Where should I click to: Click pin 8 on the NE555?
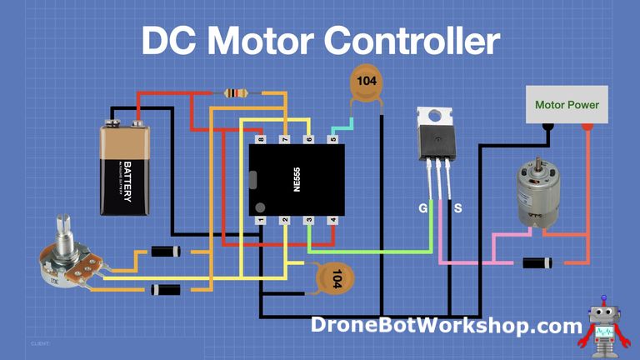tap(261, 139)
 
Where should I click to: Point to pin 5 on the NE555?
tap(332, 139)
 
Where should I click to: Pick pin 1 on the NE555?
tap(261, 220)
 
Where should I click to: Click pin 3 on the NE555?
tap(308, 220)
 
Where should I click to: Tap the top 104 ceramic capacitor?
tap(365, 83)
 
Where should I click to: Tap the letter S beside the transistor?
tap(457, 207)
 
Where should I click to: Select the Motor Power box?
tap(567, 106)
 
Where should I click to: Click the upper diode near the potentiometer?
tap(167, 251)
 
